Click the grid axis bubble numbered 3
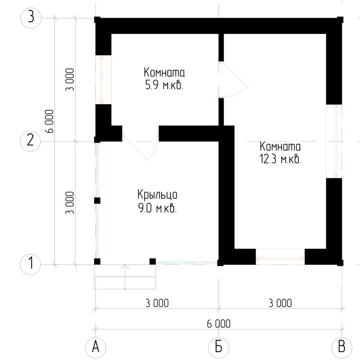pos(31,18)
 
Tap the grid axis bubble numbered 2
pos(30,141)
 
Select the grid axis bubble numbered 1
pos(30,264)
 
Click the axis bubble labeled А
pos(96,347)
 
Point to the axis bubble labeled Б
pos(219,347)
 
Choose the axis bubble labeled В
pos(341,347)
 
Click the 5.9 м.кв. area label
pos(164,85)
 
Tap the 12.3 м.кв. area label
pos(280,159)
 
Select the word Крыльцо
pos(157,195)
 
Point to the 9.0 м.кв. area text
pos(157,209)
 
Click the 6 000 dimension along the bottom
pos(219,324)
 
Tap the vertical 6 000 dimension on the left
pos(50,121)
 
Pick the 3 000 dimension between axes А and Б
pos(157,303)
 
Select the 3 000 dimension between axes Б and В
pos(280,303)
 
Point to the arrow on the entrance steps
pos(125,277)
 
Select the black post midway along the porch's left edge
pos(97,201)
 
